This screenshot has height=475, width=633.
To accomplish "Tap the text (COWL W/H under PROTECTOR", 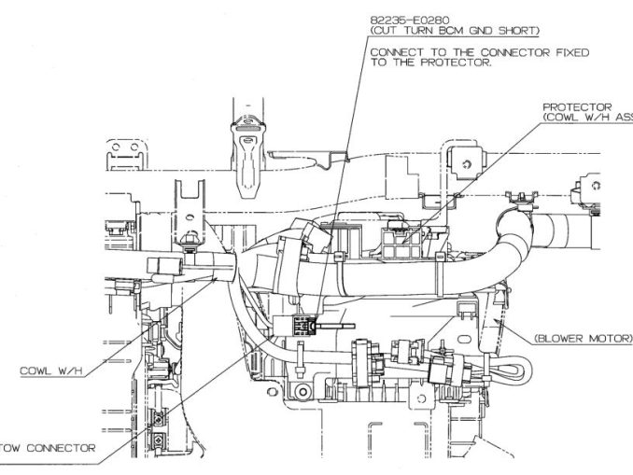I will pos(578,118).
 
